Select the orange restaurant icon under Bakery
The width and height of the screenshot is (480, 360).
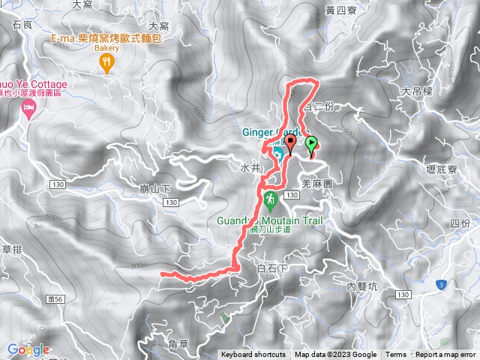coord(107,64)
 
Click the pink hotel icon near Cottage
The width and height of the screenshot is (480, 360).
coord(28,111)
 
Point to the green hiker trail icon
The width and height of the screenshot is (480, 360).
coord(270,200)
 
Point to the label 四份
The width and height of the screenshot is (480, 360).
coord(460,223)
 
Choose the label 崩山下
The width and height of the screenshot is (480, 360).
coord(156,189)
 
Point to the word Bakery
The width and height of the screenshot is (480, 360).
coord(106,48)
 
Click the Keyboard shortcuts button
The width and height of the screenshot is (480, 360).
coord(253,355)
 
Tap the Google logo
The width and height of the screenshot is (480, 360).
coord(28,349)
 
